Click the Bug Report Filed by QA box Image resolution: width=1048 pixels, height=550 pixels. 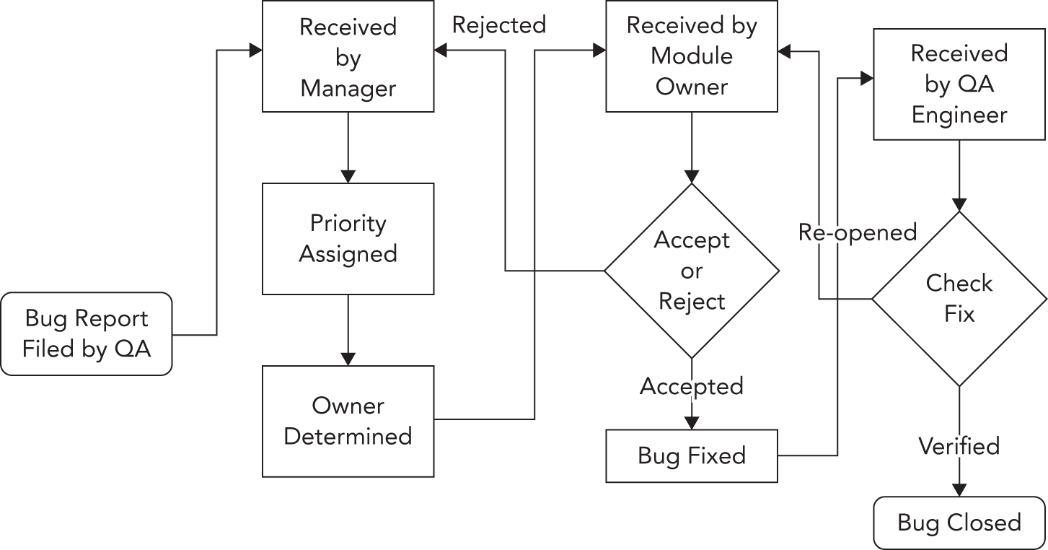[87, 333]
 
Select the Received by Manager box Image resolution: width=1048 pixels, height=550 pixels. [348, 57]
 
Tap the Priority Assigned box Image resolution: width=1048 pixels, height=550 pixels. [348, 238]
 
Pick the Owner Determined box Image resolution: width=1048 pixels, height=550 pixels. [348, 421]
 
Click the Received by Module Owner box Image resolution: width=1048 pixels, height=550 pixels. [691, 56]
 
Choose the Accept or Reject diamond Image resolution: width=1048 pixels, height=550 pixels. [691, 271]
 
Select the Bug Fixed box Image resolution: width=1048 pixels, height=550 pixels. [691, 455]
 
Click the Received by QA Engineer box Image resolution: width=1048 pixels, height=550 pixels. [959, 84]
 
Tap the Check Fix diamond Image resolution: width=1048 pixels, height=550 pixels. [959, 298]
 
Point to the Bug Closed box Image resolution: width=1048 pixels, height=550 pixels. [959, 523]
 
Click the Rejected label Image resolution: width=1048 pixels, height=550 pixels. [498, 25]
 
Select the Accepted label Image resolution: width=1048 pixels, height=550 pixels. [691, 387]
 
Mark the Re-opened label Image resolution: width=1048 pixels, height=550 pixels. [857, 232]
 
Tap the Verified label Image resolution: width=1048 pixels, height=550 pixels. [959, 446]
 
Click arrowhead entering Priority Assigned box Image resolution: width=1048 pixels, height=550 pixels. [348, 176]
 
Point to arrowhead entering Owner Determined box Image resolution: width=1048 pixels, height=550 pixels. [348, 359]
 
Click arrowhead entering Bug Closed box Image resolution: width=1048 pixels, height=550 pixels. [959, 489]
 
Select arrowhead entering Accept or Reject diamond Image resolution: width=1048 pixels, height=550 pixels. [691, 176]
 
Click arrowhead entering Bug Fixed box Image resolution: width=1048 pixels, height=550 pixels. [691, 423]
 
